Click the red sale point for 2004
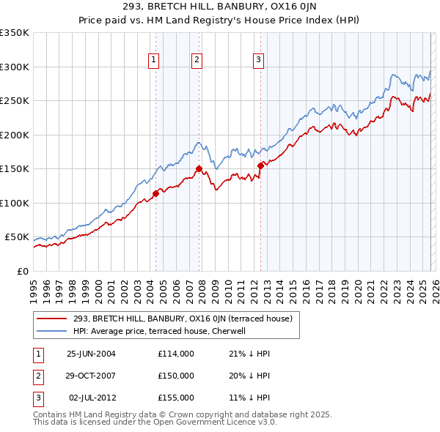(x=155, y=193)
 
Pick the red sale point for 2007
(x=199, y=169)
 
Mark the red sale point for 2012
(x=260, y=165)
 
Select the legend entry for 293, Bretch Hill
(x=183, y=319)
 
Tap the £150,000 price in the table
(x=175, y=376)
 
